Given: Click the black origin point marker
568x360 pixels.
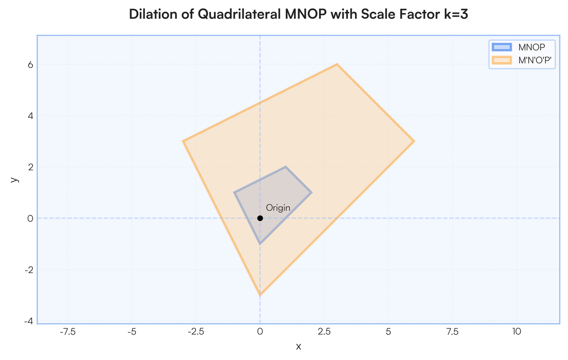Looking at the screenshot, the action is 260,218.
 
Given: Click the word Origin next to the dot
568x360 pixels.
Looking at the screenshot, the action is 278,208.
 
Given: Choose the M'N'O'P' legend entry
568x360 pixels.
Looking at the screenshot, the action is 522,60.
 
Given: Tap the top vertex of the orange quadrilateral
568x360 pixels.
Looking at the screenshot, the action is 337,64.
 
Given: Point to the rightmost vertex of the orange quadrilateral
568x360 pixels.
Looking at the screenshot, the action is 414,141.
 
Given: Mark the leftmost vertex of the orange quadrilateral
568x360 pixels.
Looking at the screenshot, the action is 183,141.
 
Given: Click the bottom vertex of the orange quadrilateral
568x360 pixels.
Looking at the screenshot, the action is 260,295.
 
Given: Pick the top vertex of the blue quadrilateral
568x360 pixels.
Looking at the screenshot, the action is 285,167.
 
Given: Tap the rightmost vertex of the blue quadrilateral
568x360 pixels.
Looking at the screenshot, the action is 311,193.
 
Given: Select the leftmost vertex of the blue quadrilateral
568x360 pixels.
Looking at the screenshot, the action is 234,193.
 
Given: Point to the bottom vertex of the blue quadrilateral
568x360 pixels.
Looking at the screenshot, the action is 260,244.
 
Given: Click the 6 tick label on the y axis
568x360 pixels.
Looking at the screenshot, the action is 30,65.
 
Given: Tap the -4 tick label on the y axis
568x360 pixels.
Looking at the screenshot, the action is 29,321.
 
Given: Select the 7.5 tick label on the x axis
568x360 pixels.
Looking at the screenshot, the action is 453,332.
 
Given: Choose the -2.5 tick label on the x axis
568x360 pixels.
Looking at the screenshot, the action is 196,332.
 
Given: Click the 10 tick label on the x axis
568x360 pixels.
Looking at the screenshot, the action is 516,332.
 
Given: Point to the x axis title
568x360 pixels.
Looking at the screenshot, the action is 299,347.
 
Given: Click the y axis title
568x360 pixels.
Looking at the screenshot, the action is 15,179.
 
